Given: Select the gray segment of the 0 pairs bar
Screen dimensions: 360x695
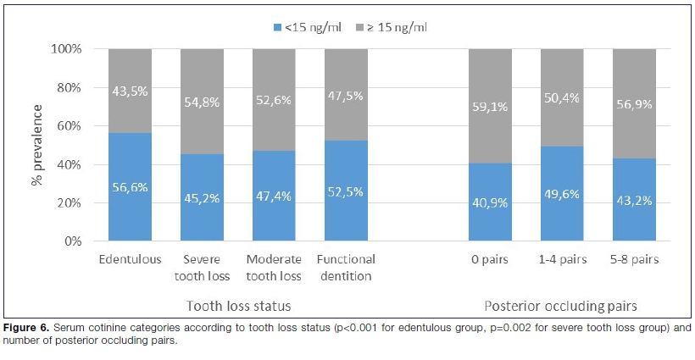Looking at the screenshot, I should click(x=491, y=85).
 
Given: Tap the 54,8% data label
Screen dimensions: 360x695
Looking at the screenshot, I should click(x=203, y=101).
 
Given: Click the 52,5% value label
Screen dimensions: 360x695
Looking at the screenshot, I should click(x=345, y=191).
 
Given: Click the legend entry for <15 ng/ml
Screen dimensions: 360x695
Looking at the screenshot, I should click(x=307, y=28).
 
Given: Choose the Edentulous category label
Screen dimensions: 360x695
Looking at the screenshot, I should click(x=130, y=259).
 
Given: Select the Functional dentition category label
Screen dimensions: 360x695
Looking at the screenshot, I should click(x=346, y=267).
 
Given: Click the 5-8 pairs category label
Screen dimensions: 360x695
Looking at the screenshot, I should click(x=634, y=259).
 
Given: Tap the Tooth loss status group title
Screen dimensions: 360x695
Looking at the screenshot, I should click(x=238, y=305).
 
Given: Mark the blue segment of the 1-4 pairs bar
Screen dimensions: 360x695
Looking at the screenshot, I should click(x=563, y=194).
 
